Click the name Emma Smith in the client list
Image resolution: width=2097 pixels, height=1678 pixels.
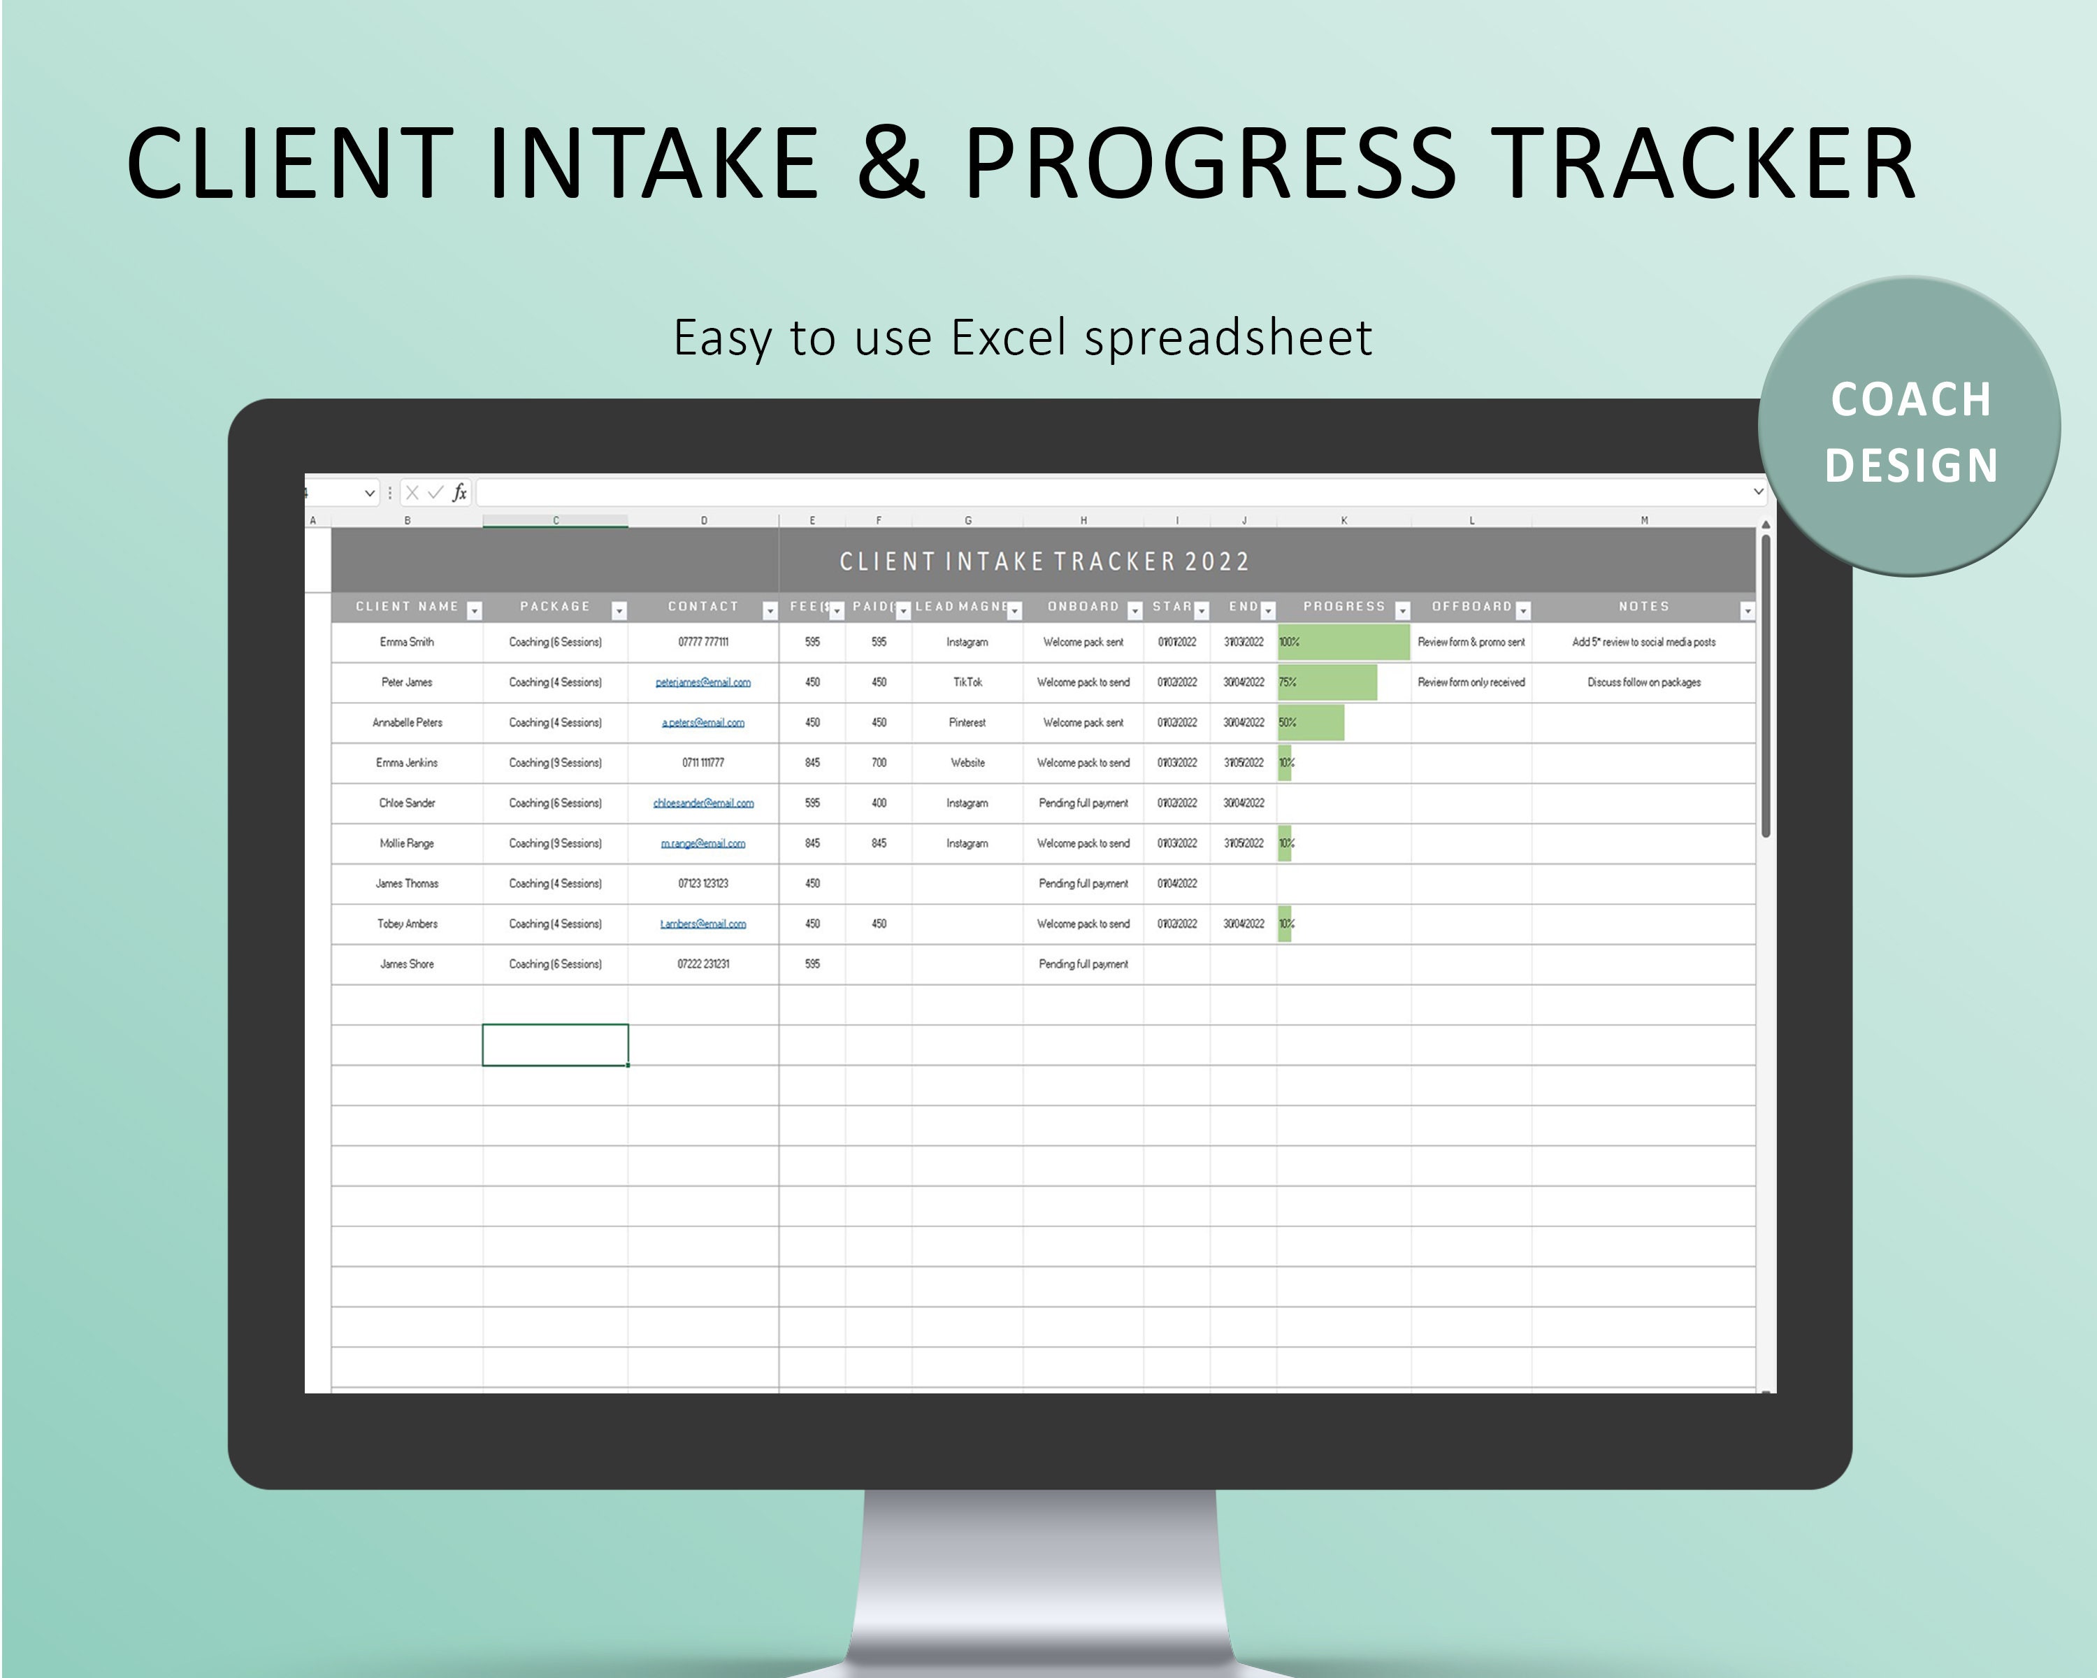pyautogui.click(x=407, y=642)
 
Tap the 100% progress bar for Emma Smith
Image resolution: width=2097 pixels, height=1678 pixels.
pyautogui.click(x=1343, y=642)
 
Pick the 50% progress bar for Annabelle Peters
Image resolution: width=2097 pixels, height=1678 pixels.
pyautogui.click(x=1311, y=723)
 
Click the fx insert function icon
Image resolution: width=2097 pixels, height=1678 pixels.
pyautogui.click(x=459, y=493)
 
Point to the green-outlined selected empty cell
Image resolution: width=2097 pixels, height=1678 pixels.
pyautogui.click(x=556, y=1045)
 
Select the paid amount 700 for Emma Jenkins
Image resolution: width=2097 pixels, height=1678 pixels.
pyautogui.click(x=878, y=763)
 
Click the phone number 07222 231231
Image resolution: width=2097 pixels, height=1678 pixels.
pyautogui.click(x=702, y=964)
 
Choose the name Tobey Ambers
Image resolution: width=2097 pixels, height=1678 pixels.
pyautogui.click(x=407, y=924)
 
